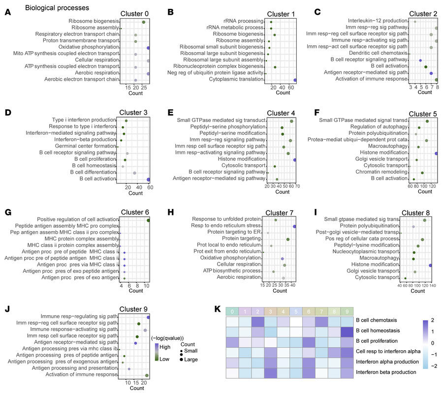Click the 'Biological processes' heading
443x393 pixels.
click(57, 8)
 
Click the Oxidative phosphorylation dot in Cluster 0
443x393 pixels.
click(149, 48)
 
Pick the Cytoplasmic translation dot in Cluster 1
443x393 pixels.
click(295, 80)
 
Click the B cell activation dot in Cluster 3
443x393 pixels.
click(149, 180)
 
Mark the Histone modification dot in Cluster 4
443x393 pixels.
click(294, 160)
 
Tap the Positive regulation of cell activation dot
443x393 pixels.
click(148, 220)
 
